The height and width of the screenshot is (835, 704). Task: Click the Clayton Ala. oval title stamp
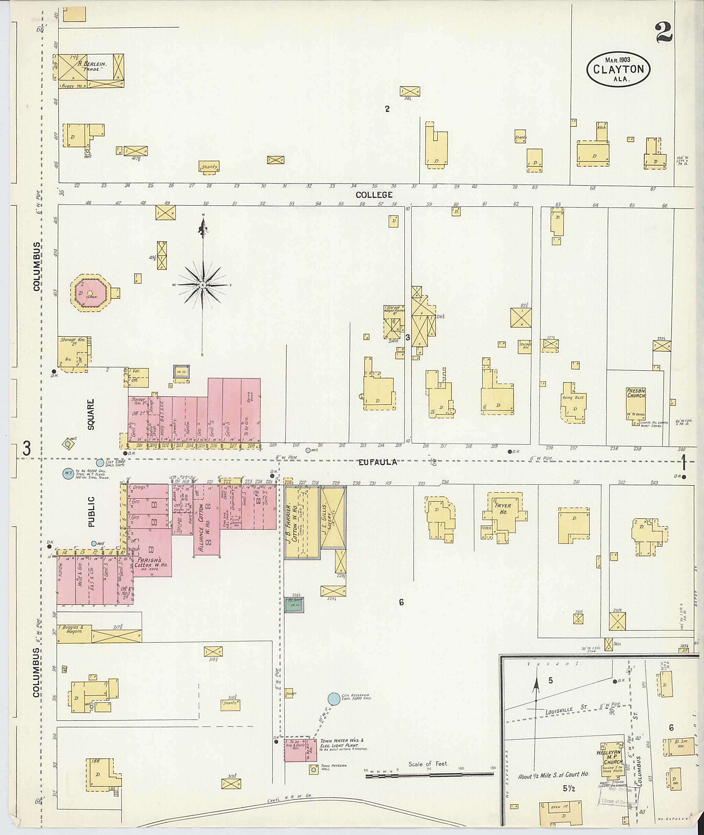(x=618, y=69)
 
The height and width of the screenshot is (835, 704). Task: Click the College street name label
(x=374, y=195)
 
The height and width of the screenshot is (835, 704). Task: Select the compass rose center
(x=203, y=285)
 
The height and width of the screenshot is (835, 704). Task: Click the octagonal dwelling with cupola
(x=89, y=293)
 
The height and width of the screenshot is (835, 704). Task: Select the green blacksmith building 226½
(x=294, y=605)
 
